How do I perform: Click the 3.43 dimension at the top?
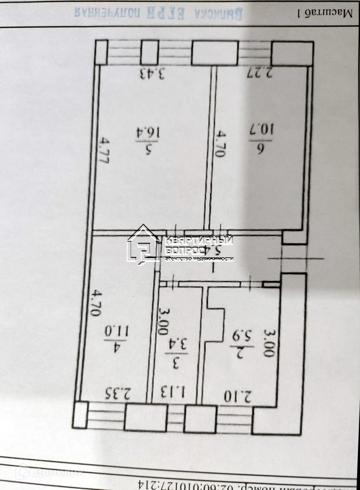152,74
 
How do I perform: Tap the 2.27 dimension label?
260,73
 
